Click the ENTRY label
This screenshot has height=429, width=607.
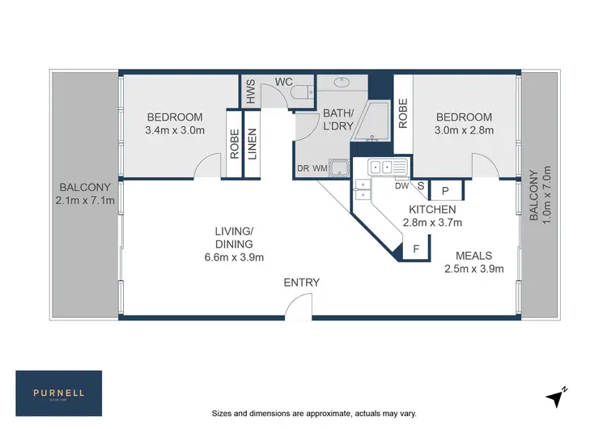(301, 282)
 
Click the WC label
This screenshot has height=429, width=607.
(283, 82)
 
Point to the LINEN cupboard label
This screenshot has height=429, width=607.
(252, 143)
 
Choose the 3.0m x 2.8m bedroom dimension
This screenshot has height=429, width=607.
(465, 130)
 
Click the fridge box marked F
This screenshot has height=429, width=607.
(415, 249)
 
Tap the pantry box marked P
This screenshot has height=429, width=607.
(445, 191)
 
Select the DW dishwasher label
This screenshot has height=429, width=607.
(401, 185)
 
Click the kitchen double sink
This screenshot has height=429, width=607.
(386, 168)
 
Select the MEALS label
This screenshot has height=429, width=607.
(471, 256)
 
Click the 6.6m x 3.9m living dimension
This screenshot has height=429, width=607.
(234, 257)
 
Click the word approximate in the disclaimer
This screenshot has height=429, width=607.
(329, 413)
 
